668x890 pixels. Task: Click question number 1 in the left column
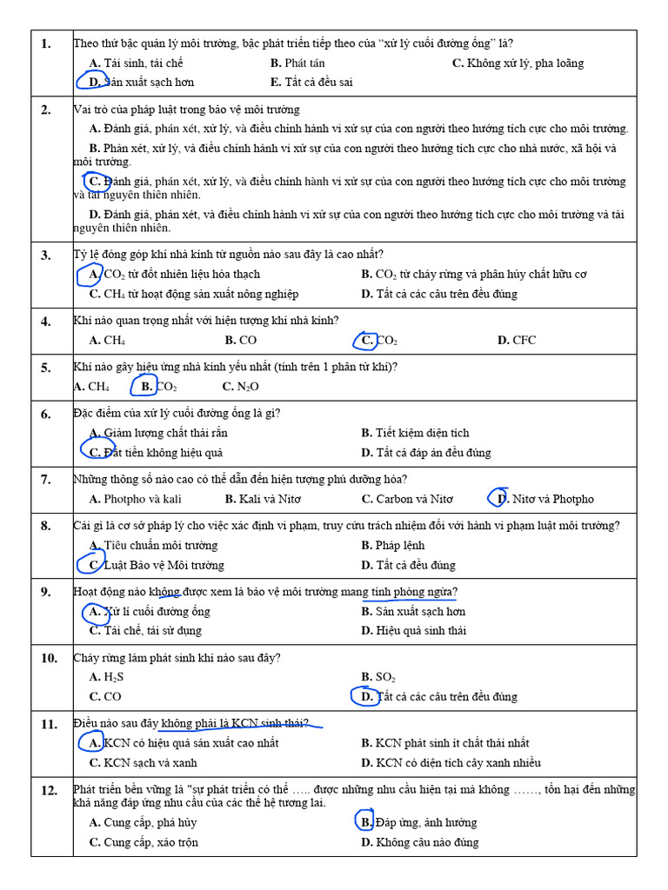[45, 43]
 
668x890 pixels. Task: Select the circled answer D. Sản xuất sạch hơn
[141, 83]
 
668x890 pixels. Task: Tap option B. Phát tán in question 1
[297, 63]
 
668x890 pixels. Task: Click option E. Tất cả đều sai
[311, 83]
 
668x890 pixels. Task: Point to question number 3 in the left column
[45, 255]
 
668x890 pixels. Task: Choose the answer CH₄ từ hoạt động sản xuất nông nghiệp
[193, 294]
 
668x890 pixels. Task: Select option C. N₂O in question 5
[240, 387]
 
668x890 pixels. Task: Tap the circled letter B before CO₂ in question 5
[146, 387]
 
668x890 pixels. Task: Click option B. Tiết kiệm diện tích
[415, 433]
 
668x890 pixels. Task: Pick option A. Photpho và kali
[135, 499]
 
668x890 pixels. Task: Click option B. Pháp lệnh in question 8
[393, 546]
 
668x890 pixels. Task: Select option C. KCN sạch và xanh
[143, 763]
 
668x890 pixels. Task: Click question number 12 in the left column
[49, 790]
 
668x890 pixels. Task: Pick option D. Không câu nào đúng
[419, 842]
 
